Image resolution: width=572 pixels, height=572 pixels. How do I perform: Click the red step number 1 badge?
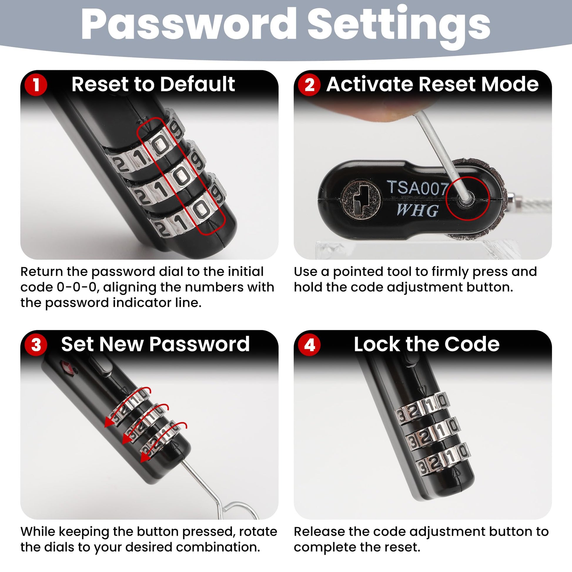[x=36, y=85]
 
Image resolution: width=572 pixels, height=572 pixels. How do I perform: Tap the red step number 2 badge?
[x=310, y=85]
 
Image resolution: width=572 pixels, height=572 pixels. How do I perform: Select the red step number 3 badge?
[x=36, y=344]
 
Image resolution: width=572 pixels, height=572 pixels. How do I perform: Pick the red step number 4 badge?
[x=310, y=344]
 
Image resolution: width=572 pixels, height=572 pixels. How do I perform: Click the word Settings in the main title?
[x=399, y=27]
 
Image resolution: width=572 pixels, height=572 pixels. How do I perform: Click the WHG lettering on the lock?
[x=417, y=210]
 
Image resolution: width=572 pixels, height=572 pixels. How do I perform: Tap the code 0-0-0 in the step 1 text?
[x=77, y=287]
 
